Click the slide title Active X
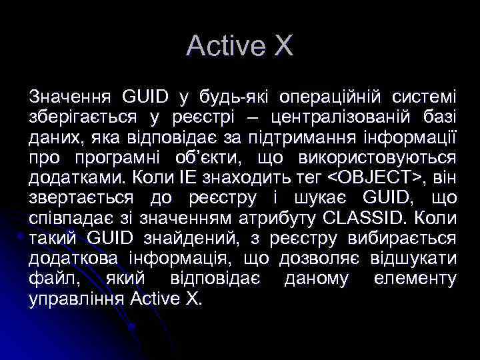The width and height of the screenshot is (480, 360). [x=239, y=46]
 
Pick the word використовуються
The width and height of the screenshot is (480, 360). [x=387, y=158]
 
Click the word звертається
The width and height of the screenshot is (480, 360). [x=79, y=198]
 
